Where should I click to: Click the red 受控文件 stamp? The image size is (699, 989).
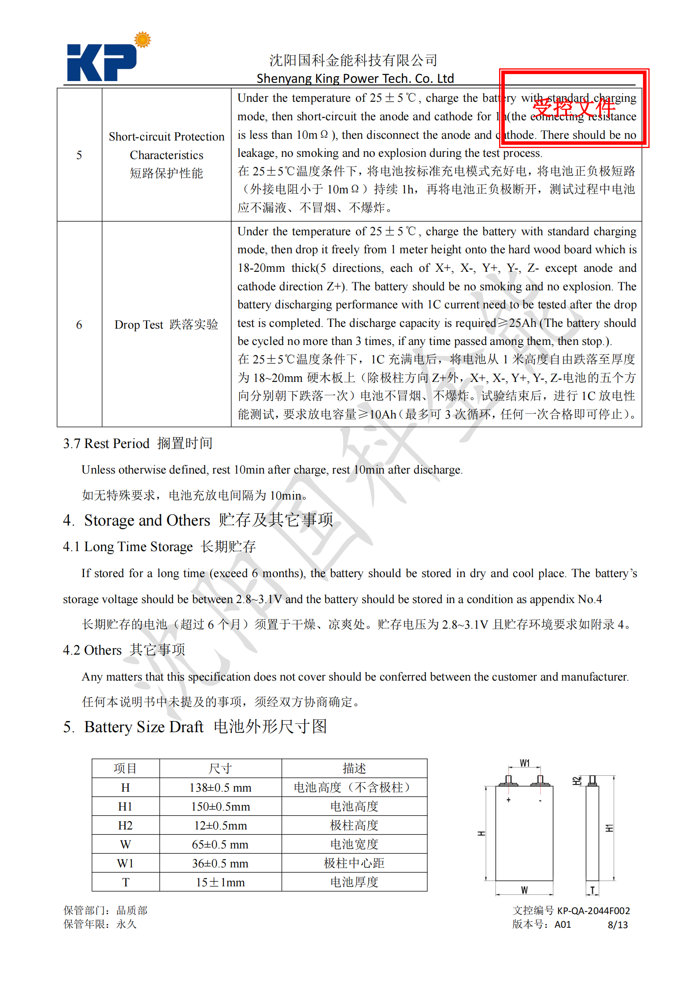(573, 108)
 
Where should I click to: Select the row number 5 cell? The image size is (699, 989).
(79, 155)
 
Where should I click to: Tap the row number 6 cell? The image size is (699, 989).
(79, 325)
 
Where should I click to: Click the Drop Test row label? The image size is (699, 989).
(166, 325)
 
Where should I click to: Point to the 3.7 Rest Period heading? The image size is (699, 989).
(137, 443)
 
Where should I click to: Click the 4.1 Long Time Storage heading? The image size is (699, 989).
(159, 547)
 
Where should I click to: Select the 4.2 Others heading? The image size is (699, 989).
(124, 650)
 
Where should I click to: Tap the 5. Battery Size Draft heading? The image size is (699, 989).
(195, 727)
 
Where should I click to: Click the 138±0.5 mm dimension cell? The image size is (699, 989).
(220, 788)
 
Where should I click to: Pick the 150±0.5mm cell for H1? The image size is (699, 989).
(220, 807)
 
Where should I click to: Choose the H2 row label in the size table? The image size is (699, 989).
(126, 826)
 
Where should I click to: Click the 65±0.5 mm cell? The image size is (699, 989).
(220, 845)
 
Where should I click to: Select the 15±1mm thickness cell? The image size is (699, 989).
(220, 882)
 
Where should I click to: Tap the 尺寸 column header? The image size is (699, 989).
(220, 769)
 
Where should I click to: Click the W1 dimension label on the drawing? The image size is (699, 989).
(525, 763)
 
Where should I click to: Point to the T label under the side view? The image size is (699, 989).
(592, 890)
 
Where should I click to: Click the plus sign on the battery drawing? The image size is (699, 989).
(509, 800)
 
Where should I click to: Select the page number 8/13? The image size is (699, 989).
(618, 925)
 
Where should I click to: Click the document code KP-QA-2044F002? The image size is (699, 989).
(593, 911)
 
